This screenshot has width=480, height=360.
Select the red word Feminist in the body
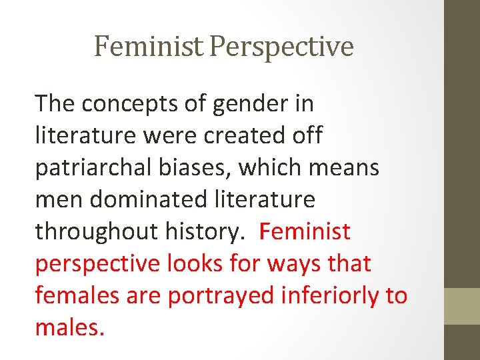305,231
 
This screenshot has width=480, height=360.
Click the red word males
69,327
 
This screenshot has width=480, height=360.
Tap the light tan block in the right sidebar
462,306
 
